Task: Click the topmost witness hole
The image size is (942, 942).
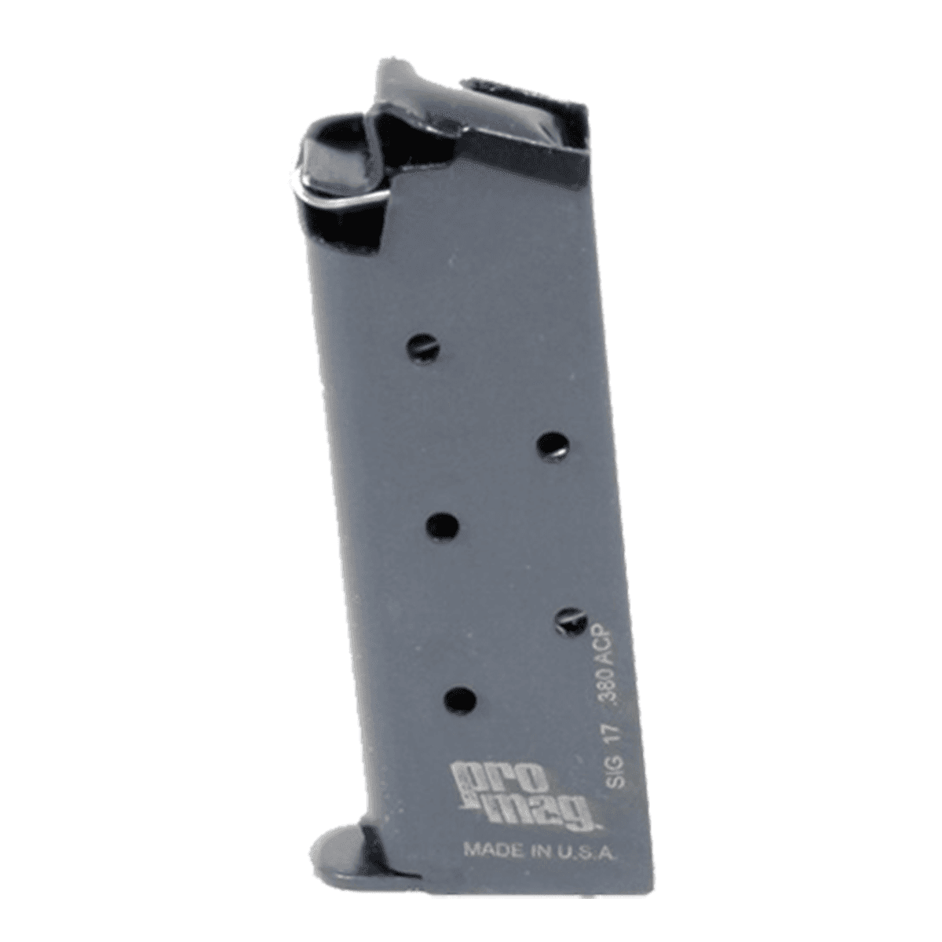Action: tap(422, 346)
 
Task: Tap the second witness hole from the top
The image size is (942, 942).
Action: tap(553, 445)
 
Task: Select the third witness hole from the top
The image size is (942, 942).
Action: tap(444, 525)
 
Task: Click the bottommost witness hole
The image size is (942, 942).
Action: tap(462, 697)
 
